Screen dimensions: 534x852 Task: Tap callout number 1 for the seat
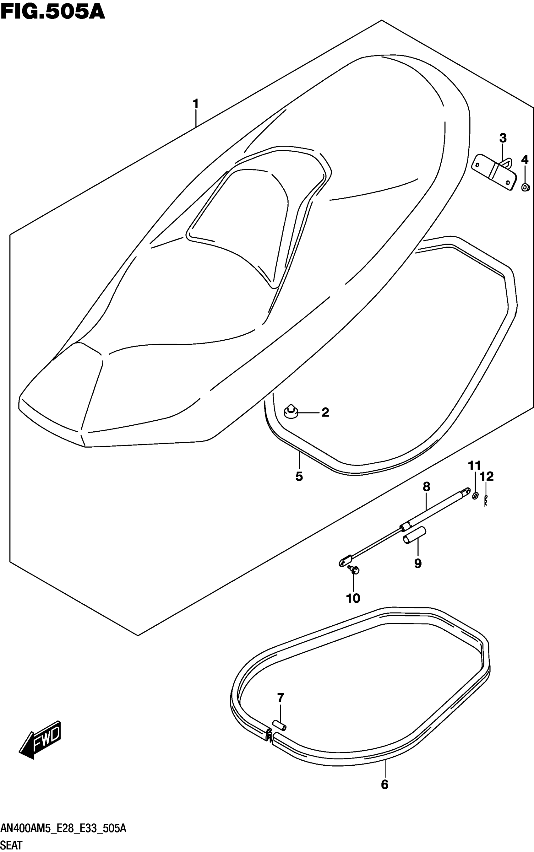click(x=195, y=104)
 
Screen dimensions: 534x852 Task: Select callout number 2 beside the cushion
click(x=325, y=412)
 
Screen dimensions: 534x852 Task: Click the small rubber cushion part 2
click(x=291, y=412)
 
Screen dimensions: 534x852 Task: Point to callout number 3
click(x=503, y=138)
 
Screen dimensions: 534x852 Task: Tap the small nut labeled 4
click(x=525, y=187)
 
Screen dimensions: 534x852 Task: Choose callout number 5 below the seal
click(x=299, y=477)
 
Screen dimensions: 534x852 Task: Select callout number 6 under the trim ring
click(x=384, y=785)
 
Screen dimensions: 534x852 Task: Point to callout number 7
click(x=281, y=698)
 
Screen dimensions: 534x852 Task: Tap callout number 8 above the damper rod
click(x=426, y=487)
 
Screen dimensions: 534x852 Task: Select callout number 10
click(x=353, y=598)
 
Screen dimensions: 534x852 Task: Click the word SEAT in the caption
click(x=12, y=845)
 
